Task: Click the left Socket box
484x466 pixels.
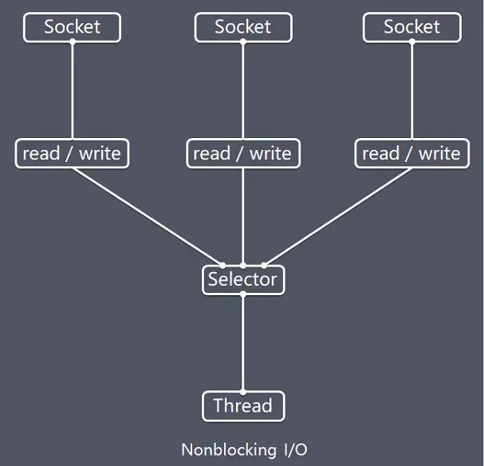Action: tap(72, 27)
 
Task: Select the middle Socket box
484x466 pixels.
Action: tap(243, 27)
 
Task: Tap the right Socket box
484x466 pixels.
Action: tap(411, 27)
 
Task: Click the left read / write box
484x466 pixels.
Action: tap(72, 153)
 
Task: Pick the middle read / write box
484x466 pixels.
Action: tap(243, 153)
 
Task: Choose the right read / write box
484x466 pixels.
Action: tap(411, 153)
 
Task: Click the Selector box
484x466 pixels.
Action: tap(243, 279)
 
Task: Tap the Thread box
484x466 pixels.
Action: tap(243, 406)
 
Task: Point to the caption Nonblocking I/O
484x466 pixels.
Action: tap(242, 449)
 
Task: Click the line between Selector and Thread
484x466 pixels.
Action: tap(243, 343)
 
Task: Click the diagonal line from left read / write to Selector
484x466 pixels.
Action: tap(148, 216)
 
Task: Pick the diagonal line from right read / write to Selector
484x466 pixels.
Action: tap(338, 216)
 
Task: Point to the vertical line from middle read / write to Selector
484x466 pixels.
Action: tap(243, 215)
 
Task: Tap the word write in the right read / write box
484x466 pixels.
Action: tap(439, 153)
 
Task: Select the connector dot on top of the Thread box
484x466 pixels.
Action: tap(243, 392)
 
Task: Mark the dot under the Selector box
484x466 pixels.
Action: tap(243, 294)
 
